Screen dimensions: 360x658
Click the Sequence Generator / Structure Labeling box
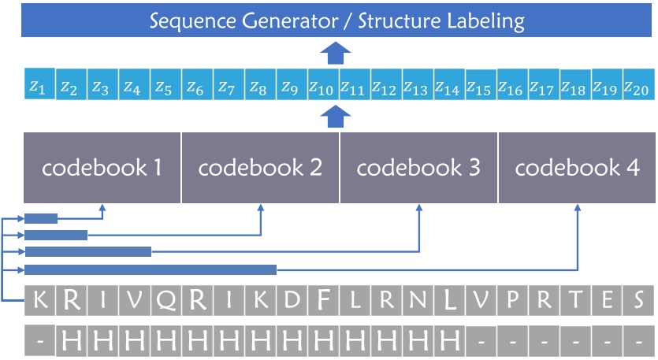[x=337, y=19]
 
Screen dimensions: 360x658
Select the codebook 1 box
[x=102, y=168]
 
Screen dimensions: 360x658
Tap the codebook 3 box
[x=418, y=168]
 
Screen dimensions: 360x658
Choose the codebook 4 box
[x=577, y=168]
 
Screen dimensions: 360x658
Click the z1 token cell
[x=37, y=86]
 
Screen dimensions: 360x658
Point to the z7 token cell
[x=226, y=86]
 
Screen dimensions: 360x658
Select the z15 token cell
[x=479, y=87]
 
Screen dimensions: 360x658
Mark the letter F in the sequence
[x=323, y=300]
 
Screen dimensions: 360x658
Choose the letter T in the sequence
[x=576, y=300]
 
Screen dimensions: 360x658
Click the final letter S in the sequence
[x=639, y=300]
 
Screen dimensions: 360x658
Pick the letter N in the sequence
[x=418, y=300]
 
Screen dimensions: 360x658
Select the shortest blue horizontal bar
[x=41, y=219]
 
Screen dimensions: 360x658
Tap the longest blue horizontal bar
[x=151, y=270]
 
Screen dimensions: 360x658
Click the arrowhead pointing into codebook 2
[x=261, y=209]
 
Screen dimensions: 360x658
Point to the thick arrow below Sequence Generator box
[x=336, y=54]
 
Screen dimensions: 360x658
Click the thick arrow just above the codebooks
[x=336, y=117]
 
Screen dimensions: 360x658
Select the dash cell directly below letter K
[x=40, y=340]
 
